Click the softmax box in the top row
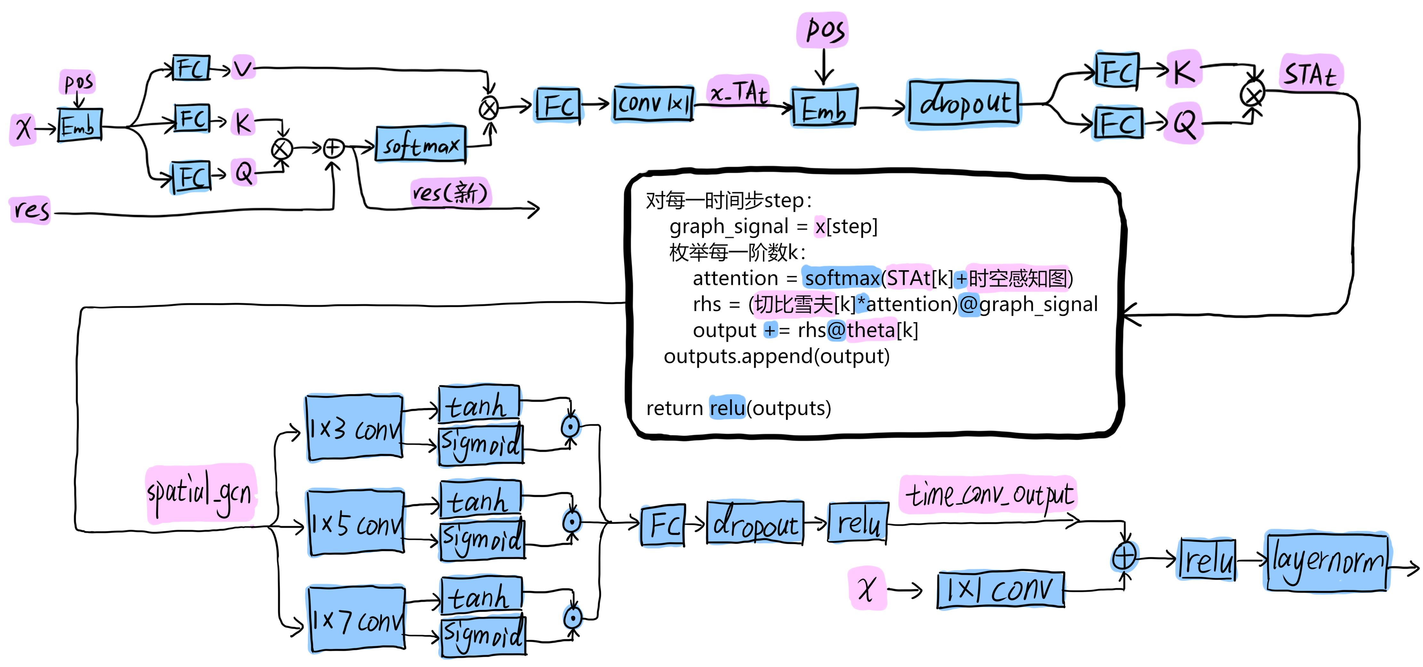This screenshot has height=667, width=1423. (x=421, y=145)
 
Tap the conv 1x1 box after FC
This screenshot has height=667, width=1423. (x=653, y=103)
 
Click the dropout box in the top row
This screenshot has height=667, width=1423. (x=964, y=104)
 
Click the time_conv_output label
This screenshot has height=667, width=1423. (x=988, y=494)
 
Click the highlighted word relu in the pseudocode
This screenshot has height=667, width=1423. (x=727, y=408)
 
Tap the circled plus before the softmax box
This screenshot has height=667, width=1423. (x=333, y=148)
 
